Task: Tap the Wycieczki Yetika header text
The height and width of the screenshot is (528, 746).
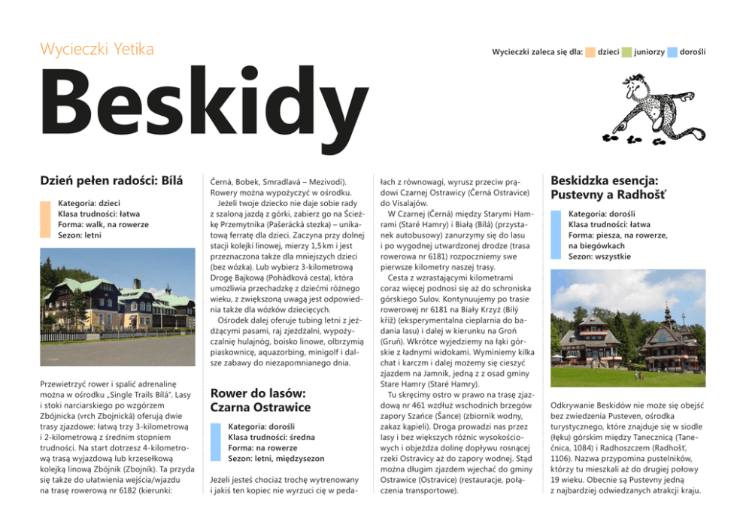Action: pos(96,50)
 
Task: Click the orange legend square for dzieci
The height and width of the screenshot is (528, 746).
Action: pos(590,52)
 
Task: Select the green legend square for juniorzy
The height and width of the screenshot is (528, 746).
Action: pos(627,52)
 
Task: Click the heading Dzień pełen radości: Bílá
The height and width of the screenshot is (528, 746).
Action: pos(111,181)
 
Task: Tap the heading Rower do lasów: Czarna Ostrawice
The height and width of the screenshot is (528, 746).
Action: pos(260,400)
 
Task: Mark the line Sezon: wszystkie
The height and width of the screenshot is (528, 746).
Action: pos(599,256)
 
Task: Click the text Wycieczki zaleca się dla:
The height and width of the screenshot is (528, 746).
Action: pos(537,52)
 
